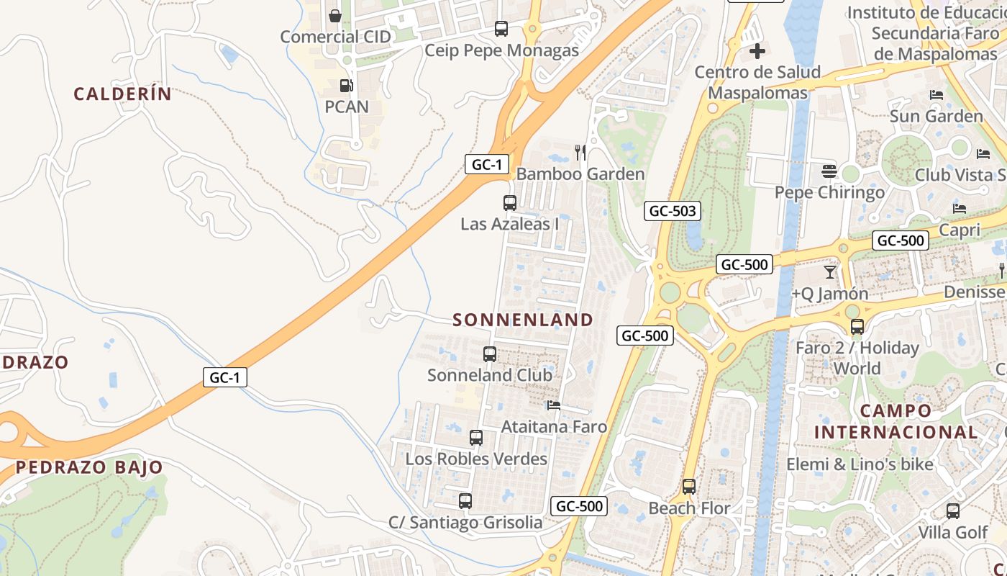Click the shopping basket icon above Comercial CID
coord(334,16)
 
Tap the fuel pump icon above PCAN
coord(346,86)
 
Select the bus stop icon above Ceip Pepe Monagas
coord(501,29)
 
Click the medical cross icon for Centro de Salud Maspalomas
coord(757,51)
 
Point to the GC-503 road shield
coord(672,211)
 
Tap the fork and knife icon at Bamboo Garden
coord(580,153)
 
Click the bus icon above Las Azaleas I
coord(510,203)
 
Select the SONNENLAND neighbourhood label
coord(523,320)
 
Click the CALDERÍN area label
coord(123,94)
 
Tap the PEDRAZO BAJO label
coord(89,467)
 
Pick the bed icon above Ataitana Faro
coord(554,405)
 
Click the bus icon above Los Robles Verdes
coord(476,438)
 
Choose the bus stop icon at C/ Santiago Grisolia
coord(465,501)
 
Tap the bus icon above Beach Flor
coord(689,487)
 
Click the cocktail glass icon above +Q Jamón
coord(830,272)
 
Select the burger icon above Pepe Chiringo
coord(829,171)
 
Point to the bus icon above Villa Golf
coord(953,511)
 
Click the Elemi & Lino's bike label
coord(860,464)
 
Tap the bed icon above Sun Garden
coord(937,95)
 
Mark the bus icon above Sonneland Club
coord(490,354)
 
